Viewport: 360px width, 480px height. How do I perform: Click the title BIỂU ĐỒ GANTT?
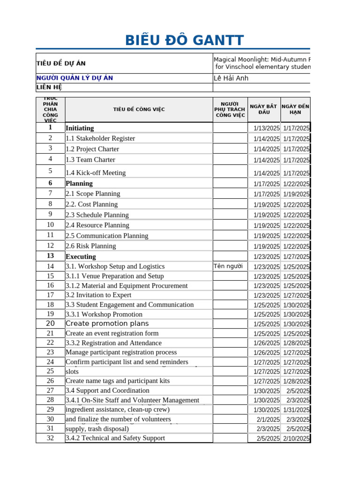(x=184, y=41)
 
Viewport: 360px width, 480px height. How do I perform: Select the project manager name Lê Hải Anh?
(x=231, y=78)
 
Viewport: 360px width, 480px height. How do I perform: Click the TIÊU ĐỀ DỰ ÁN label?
(x=61, y=64)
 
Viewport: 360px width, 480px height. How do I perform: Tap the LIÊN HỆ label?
(x=49, y=87)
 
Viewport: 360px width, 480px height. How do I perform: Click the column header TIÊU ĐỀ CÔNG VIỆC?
(x=139, y=110)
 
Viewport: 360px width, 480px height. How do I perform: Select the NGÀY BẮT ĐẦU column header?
(x=264, y=109)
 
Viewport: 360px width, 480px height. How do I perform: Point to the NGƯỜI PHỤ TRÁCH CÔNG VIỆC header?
(x=230, y=109)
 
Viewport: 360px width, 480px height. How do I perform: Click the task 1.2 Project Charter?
(x=92, y=149)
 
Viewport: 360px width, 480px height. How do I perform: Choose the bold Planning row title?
(x=79, y=183)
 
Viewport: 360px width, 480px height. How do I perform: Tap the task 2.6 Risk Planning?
(x=90, y=246)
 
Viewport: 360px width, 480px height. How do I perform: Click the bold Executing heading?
(x=81, y=256)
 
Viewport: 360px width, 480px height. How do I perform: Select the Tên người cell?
(x=228, y=266)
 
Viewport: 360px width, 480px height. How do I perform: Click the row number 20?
(x=50, y=323)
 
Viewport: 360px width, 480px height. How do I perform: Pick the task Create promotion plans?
(x=107, y=323)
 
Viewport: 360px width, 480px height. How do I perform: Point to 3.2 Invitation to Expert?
(x=98, y=295)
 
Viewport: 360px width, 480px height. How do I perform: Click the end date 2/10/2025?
(x=296, y=439)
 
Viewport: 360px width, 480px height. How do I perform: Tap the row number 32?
(x=50, y=438)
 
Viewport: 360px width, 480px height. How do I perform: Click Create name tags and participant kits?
(x=118, y=381)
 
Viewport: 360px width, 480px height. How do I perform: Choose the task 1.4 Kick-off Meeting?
(x=96, y=173)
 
